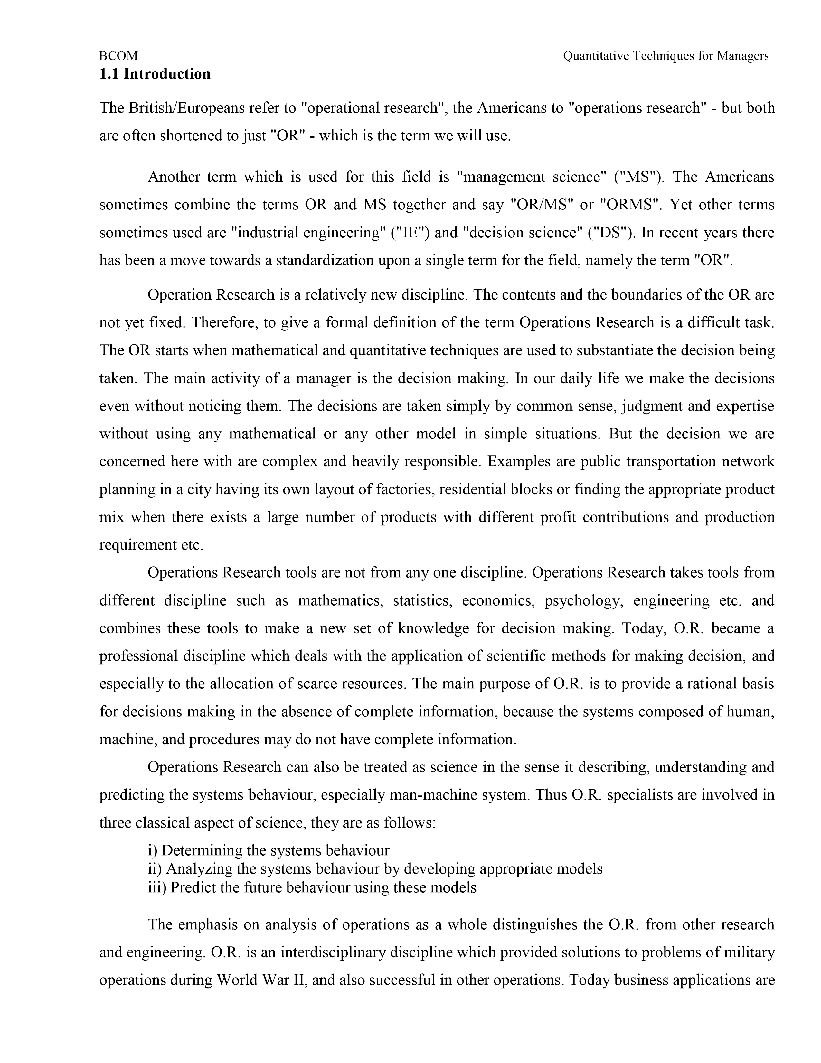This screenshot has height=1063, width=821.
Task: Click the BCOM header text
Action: [118, 56]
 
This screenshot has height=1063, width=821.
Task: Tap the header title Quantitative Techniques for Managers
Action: [665, 56]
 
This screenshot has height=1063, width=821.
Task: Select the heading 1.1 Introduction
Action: [155, 74]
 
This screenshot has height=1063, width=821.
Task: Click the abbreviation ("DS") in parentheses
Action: [611, 233]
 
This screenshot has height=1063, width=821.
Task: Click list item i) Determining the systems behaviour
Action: [269, 850]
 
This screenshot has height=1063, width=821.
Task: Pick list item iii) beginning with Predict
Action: [312, 887]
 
